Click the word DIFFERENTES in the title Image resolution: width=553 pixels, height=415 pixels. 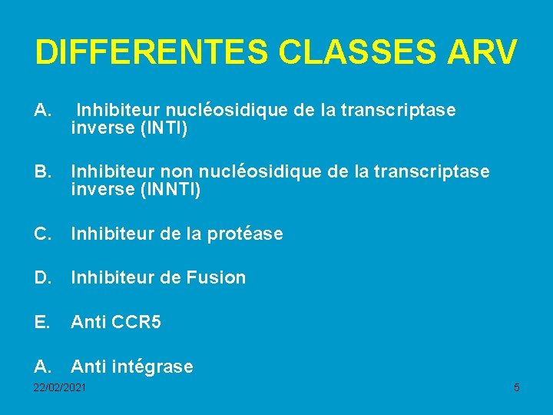tap(151, 52)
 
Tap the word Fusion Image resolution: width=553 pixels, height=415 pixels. tap(216, 277)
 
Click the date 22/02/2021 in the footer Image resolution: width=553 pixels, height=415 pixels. tap(60, 387)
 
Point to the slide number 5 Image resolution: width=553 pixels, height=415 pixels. tap(516, 387)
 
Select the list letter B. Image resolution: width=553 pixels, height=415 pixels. tap(42, 171)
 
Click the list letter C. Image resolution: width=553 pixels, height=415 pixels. tap(42, 233)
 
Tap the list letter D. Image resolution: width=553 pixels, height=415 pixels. tap(42, 277)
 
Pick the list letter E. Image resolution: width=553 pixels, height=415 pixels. tap(41, 322)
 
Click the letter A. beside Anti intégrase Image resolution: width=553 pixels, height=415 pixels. tap(42, 367)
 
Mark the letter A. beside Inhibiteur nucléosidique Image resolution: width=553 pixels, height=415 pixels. tap(42, 111)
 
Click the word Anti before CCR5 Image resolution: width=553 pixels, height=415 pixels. tap(86, 322)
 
